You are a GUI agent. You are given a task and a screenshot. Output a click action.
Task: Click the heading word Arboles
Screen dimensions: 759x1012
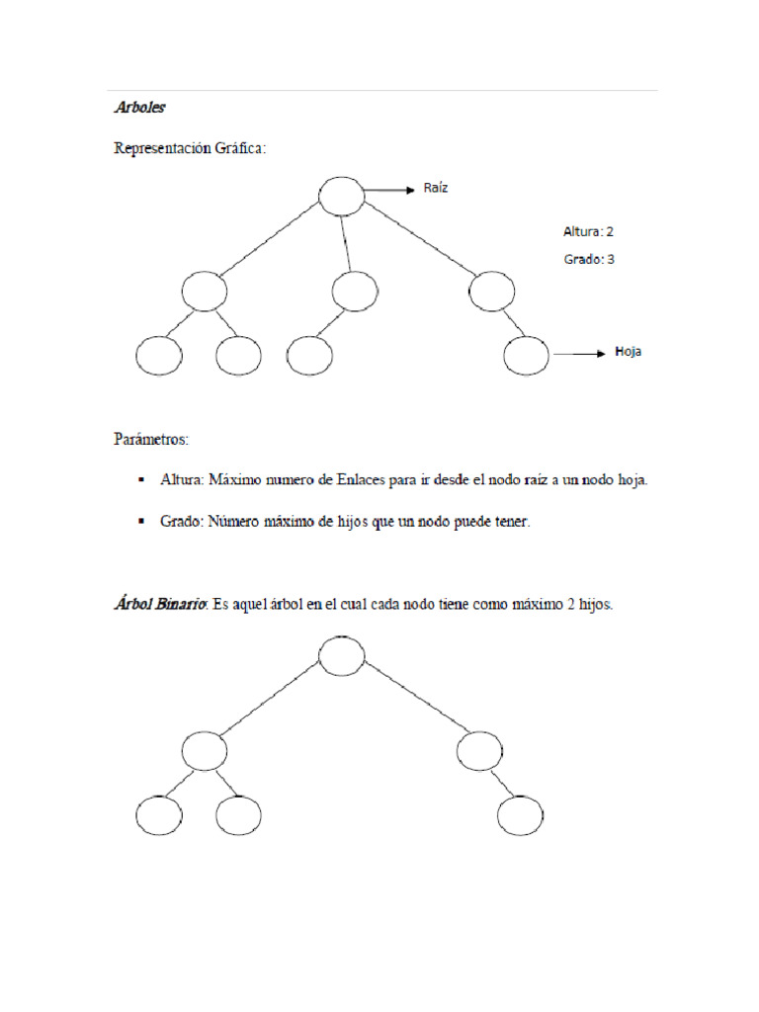[x=140, y=108]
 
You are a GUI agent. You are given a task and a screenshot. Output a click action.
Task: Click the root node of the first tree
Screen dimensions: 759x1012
[x=342, y=195]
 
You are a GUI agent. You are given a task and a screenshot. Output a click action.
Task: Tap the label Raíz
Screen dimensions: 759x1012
[x=436, y=188]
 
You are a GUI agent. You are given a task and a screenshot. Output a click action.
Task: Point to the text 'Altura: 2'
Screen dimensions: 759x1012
[x=589, y=231]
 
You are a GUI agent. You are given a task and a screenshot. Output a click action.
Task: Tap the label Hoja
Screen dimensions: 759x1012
[x=628, y=351]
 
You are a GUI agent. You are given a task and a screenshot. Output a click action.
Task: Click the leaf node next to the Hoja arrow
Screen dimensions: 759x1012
[x=527, y=356]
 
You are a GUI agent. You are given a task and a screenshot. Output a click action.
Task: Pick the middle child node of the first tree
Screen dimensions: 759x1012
[x=355, y=291]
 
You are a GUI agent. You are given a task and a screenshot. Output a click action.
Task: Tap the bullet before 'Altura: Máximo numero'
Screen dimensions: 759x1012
[x=140, y=480]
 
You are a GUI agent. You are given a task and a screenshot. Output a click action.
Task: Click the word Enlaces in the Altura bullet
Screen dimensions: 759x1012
[x=397, y=480]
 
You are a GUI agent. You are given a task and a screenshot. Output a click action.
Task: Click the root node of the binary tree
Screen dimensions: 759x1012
[x=342, y=655]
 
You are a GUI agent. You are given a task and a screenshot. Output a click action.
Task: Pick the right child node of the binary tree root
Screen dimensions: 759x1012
[x=480, y=752]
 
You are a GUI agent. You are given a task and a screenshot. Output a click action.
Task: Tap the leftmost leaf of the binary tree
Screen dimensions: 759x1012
[x=158, y=817]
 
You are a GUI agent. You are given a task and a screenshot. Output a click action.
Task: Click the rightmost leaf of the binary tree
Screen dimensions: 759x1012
[x=521, y=817]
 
